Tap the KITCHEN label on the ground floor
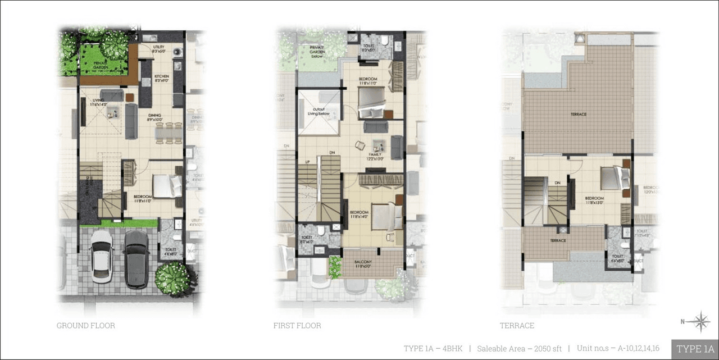(162, 77)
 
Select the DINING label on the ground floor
(154, 117)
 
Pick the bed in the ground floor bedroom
(167, 186)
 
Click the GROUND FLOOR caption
(85, 326)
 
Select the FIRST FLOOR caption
(297, 326)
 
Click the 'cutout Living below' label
(318, 112)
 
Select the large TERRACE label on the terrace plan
(579, 115)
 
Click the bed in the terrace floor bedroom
(613, 178)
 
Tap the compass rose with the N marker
(700, 322)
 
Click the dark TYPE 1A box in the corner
(695, 349)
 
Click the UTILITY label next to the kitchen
(158, 48)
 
